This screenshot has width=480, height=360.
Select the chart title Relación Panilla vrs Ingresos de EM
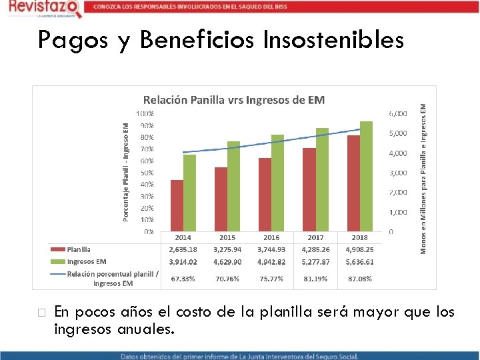tap(234, 101)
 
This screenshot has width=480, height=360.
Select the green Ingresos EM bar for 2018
tap(366, 176)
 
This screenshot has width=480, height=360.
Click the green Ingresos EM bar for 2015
tap(233, 186)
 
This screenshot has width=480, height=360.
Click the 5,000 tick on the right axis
tap(398, 133)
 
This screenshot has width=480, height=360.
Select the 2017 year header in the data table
tap(315, 238)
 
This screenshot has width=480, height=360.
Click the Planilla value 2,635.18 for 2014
tap(182, 250)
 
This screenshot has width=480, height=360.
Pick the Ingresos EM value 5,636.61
tap(359, 262)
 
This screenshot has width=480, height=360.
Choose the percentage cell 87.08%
tap(359, 279)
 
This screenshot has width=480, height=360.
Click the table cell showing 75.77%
tap(271, 279)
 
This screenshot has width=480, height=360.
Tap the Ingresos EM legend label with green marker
tap(86, 262)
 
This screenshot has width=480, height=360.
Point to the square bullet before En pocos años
tap(41, 312)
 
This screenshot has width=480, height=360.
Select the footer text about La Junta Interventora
tap(239, 355)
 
